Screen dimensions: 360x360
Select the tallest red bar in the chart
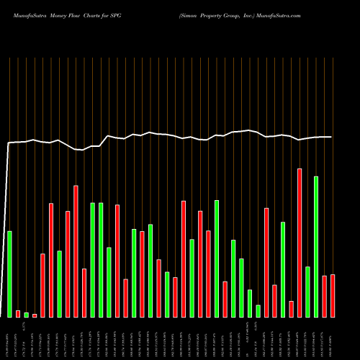[x=299, y=243]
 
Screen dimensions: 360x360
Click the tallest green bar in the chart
[x=315, y=246]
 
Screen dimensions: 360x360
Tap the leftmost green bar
[x=9, y=274]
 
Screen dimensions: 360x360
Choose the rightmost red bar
[x=332, y=295]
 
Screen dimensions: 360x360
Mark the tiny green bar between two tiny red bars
[x=26, y=315]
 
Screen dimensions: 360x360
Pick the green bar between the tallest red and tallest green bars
[x=307, y=292]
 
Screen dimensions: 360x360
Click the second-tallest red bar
[x=76, y=251]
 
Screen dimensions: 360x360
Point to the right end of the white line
[x=331, y=137]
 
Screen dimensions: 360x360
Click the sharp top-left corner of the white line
[x=9, y=143]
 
